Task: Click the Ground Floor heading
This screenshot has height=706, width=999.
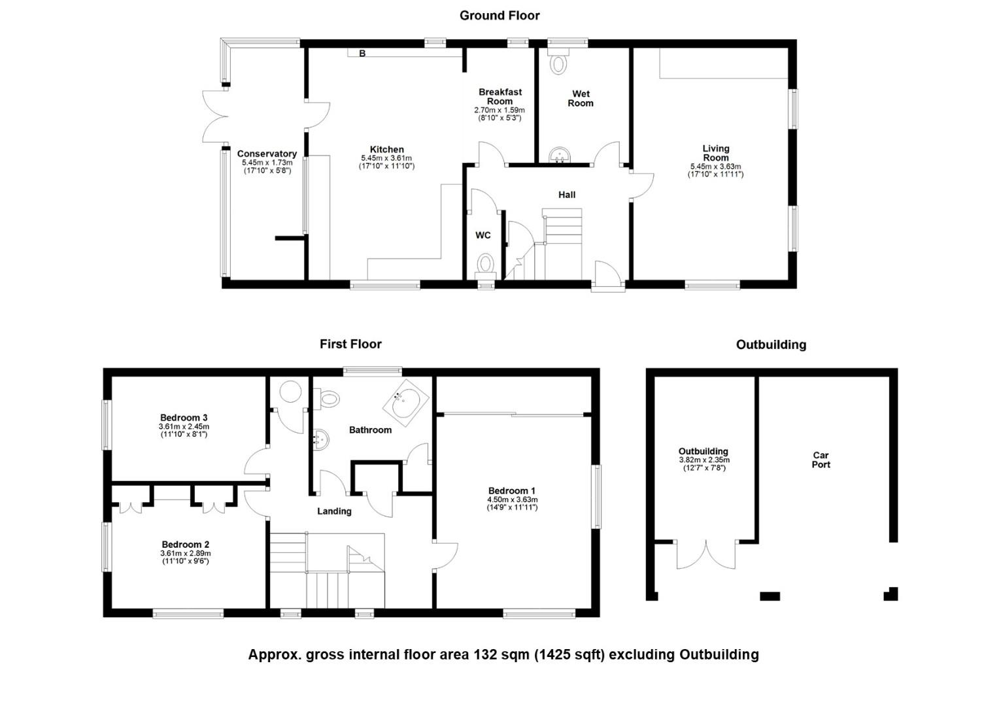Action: (499, 16)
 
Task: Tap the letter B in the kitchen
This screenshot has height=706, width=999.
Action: (362, 54)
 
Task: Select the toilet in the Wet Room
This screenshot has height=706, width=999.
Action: (558, 61)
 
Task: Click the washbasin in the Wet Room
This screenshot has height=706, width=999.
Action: (559, 156)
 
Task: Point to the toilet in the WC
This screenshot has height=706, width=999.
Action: (485, 264)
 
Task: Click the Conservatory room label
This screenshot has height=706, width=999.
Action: (267, 154)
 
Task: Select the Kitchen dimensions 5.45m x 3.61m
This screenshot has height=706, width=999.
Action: (386, 158)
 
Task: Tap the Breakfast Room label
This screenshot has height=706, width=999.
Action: (500, 96)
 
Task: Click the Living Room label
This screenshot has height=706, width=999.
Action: (716, 153)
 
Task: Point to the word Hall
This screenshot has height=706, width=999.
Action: (567, 195)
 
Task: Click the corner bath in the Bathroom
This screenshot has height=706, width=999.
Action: (405, 403)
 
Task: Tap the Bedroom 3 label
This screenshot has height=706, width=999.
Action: (184, 418)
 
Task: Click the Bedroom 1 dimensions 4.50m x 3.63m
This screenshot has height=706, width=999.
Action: (512, 500)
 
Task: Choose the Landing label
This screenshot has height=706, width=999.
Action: (334, 512)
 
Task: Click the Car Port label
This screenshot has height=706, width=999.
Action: (821, 460)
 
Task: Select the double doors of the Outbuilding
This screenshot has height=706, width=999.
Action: (706, 556)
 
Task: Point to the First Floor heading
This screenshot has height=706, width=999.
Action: (350, 345)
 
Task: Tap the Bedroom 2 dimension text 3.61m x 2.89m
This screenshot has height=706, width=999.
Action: (186, 554)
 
